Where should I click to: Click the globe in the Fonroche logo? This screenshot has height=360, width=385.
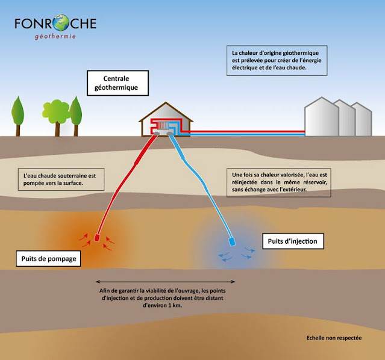61,23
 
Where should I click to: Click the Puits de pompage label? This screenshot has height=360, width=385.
45,259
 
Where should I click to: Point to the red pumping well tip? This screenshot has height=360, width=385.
98,238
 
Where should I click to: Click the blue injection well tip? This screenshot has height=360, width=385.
232,243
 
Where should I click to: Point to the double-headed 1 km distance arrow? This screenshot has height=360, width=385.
166,282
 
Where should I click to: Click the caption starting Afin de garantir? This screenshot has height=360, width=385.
166,297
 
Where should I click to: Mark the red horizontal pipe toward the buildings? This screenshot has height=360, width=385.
247,130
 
